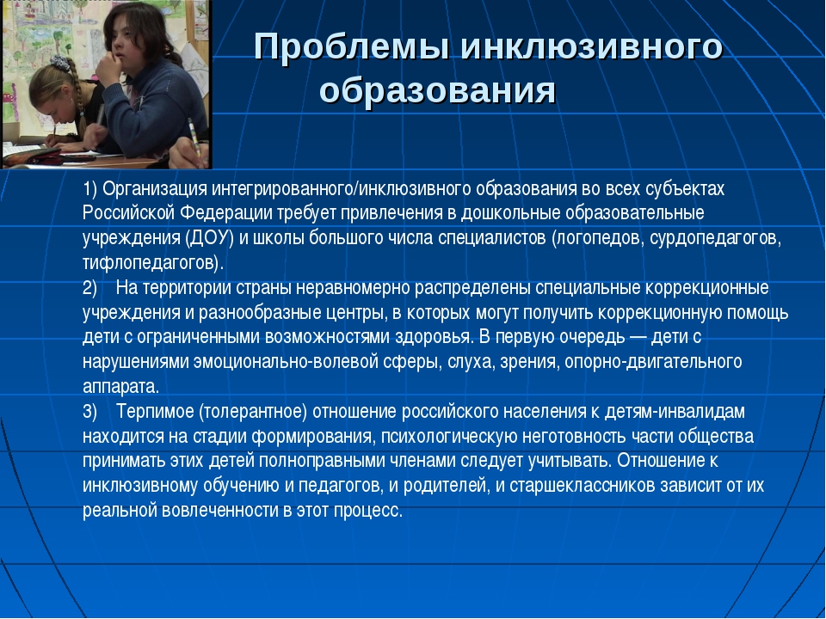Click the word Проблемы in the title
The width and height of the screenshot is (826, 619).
pos(352,46)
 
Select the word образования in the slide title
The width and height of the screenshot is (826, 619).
pos(438,91)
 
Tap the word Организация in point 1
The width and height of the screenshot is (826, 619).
pos(156,188)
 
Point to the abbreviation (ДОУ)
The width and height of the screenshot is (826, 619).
pos(210,238)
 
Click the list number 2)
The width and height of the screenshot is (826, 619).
pos(90,288)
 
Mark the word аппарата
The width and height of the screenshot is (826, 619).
pos(120,387)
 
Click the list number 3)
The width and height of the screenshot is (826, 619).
pos(90,412)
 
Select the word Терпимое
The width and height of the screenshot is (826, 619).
pos(156,411)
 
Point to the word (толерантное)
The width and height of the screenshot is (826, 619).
pos(253,412)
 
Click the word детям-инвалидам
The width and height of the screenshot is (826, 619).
pos(675,411)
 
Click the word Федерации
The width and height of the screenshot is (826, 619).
pos(226,213)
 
